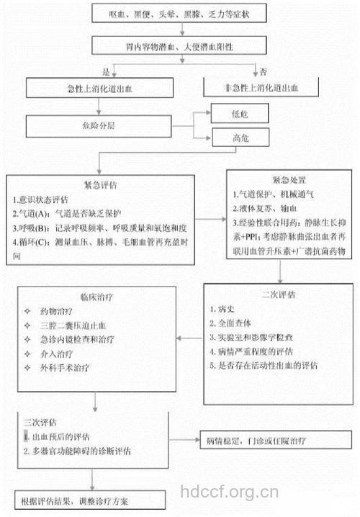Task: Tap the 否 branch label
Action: [264, 71]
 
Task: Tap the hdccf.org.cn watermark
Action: [228, 493]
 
